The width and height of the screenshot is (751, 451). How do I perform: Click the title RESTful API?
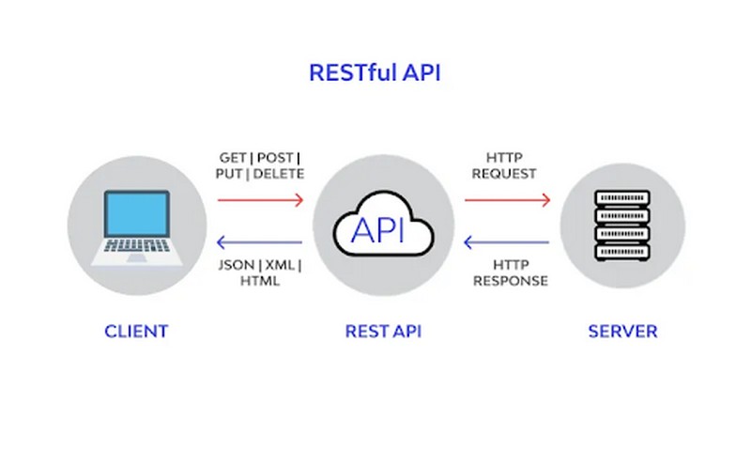coord(375,73)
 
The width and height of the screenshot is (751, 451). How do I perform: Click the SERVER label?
coord(622,331)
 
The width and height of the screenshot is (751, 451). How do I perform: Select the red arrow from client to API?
coord(260,199)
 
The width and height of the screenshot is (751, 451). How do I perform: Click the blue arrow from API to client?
coord(260,243)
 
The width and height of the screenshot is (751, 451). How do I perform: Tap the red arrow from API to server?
coord(507,199)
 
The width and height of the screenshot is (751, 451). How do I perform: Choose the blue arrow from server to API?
coord(507,243)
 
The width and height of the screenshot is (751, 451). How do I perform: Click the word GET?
coord(232,157)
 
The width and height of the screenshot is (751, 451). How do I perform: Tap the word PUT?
coord(229,174)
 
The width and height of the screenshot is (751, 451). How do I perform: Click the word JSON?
coord(235,265)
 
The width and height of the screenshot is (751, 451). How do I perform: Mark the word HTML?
coord(259,281)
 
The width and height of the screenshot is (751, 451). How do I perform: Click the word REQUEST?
coord(505,174)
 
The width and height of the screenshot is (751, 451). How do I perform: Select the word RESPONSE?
coord(510,281)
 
